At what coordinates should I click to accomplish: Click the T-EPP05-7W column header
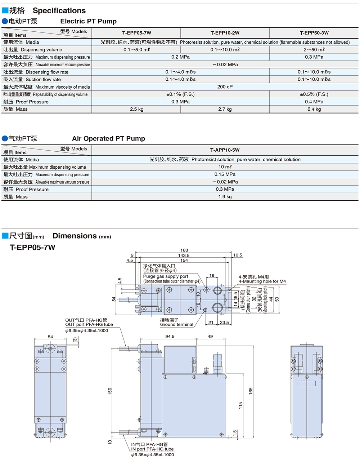tap(136, 33)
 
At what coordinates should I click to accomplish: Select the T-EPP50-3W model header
tap(314, 33)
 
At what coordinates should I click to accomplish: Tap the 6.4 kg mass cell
tap(314, 109)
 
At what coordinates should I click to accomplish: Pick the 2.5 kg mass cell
tap(136, 109)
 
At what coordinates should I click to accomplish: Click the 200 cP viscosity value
tap(225, 87)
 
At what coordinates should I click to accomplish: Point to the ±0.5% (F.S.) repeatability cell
tap(314, 94)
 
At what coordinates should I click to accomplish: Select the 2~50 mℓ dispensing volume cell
tap(314, 50)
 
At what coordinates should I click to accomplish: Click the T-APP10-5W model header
tap(225, 150)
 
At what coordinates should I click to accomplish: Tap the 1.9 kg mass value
tap(225, 197)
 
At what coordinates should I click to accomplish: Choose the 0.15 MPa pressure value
tap(225, 174)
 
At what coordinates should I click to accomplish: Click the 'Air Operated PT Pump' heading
tap(108, 139)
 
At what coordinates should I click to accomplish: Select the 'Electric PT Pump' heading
tap(88, 21)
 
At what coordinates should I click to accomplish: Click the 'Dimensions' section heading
tap(75, 236)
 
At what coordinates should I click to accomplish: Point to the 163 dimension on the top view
tap(184, 250)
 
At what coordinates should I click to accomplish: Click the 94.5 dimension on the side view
tap(170, 336)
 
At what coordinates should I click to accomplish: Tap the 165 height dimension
tap(251, 391)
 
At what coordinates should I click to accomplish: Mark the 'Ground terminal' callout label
tap(176, 325)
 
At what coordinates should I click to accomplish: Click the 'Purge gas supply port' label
tap(166, 276)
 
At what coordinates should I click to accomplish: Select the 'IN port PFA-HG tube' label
tap(152, 449)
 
